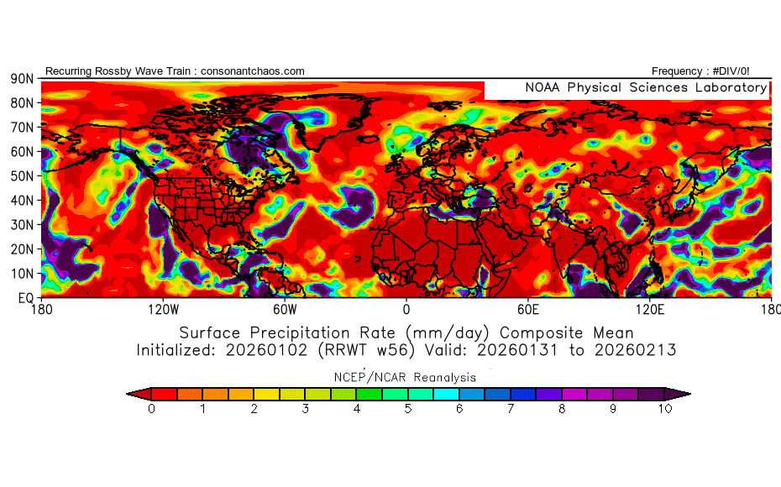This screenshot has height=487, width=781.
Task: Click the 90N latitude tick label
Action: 21,78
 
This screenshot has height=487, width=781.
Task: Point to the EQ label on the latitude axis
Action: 24,297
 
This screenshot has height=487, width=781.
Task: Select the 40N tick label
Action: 21,201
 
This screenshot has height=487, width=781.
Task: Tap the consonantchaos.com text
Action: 253,71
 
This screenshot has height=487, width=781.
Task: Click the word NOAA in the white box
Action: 544,87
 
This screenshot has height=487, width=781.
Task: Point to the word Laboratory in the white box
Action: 727,87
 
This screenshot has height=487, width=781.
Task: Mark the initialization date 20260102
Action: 260,349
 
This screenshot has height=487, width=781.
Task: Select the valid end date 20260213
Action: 637,349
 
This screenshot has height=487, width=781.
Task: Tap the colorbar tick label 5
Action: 408,409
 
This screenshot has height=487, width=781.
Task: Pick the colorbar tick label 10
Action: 665,409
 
